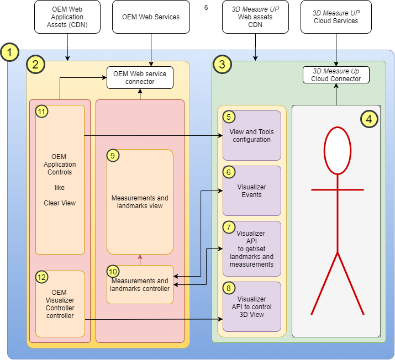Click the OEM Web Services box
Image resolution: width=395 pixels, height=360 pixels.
(x=151, y=17)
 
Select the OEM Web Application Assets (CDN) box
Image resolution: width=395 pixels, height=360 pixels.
(x=67, y=17)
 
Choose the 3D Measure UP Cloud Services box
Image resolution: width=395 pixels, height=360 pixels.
(x=336, y=17)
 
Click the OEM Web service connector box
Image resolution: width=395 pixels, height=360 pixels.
(x=140, y=77)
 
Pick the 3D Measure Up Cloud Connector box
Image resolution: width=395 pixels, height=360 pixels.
(x=336, y=75)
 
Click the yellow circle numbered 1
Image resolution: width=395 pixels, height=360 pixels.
(x=10, y=54)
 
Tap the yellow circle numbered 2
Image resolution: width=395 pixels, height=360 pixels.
(x=36, y=65)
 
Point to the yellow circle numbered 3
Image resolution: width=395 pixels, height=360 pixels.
(x=222, y=65)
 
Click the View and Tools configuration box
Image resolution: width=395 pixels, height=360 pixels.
(x=251, y=136)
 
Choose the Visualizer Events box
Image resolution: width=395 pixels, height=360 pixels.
(x=251, y=191)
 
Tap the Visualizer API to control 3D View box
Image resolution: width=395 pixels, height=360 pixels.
(x=251, y=307)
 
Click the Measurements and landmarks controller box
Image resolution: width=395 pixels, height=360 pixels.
(x=140, y=284)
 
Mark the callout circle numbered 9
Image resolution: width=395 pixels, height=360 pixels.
(x=113, y=156)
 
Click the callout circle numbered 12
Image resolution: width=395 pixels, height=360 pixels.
(x=42, y=277)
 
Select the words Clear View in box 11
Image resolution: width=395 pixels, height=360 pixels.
(x=60, y=203)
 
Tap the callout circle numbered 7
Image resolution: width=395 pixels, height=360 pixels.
(x=229, y=227)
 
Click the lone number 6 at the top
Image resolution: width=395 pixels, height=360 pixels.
(x=206, y=8)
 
